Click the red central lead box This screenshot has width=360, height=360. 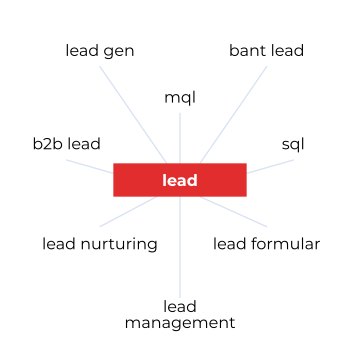[x=180, y=180]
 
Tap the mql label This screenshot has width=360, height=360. [x=180, y=97]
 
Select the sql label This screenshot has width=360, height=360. [x=293, y=145]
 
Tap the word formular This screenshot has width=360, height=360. [x=287, y=243]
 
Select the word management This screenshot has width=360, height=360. [x=180, y=323]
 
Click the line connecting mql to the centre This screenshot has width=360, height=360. [x=180, y=135]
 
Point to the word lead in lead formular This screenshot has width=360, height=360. [x=231, y=243]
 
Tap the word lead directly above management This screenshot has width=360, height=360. [x=180, y=306]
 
